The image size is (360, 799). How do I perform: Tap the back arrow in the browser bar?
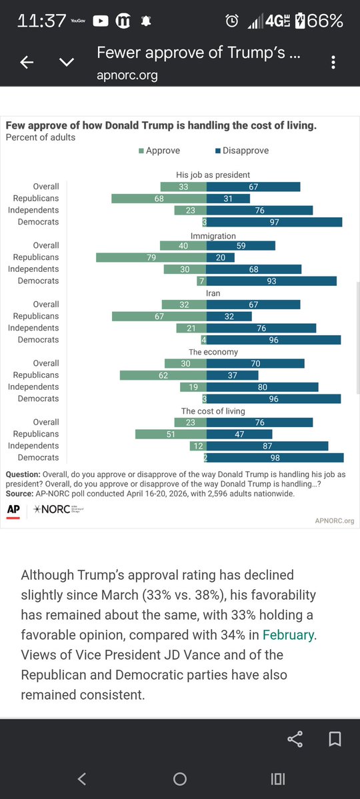click(27, 63)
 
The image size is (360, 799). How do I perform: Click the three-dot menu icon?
click(333, 63)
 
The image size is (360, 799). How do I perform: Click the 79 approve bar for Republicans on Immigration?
click(151, 257)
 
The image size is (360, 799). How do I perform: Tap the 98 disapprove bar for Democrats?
click(275, 457)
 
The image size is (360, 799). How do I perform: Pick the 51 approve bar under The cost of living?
click(171, 434)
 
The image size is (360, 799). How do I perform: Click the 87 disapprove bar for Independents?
click(267, 446)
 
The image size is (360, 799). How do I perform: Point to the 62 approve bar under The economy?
click(163, 375)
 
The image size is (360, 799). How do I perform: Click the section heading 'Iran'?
click(213, 293)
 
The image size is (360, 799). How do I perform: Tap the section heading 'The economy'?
click(213, 352)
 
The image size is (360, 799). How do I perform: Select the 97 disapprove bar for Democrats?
click(274, 222)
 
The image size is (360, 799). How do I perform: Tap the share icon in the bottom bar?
click(295, 739)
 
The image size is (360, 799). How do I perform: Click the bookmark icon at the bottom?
click(335, 739)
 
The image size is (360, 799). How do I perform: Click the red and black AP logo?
click(13, 510)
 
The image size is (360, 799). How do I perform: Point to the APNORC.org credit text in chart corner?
click(334, 520)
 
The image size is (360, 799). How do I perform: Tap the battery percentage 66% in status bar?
click(325, 21)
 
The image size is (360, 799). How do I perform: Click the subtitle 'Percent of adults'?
click(41, 137)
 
